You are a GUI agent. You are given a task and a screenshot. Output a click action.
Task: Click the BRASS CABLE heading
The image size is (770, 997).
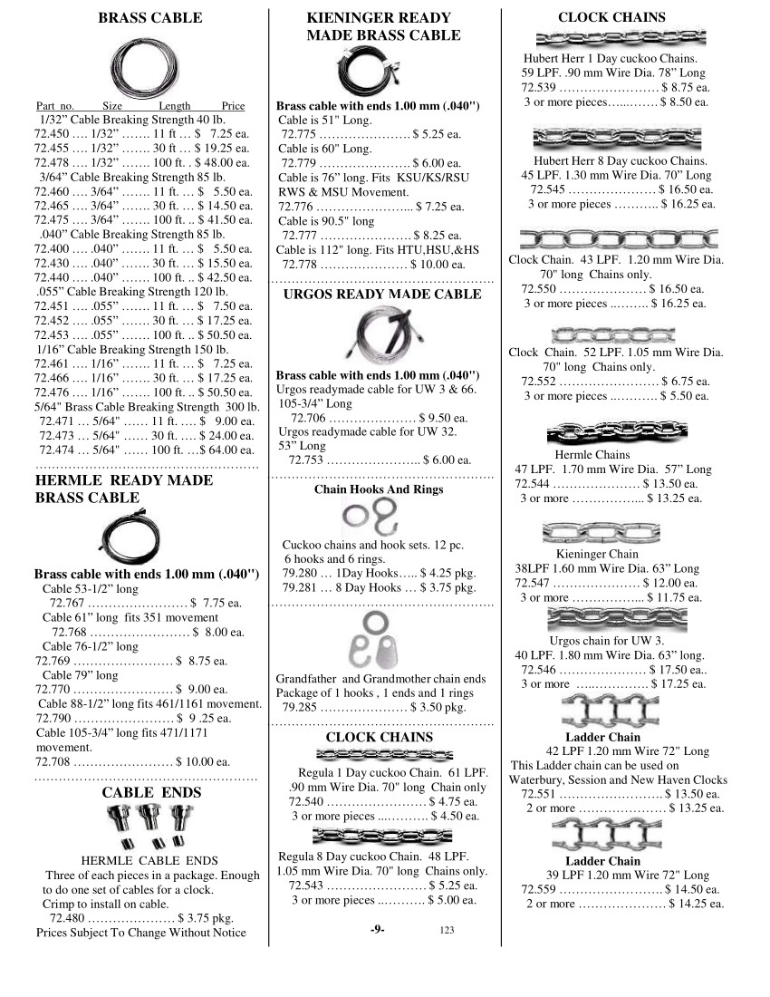(150, 18)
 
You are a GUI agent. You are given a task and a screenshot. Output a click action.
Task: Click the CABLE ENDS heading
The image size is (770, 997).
(151, 792)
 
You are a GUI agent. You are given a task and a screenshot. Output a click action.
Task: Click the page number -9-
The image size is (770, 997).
(379, 929)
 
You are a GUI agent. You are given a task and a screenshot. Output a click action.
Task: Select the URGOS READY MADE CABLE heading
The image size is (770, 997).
(382, 295)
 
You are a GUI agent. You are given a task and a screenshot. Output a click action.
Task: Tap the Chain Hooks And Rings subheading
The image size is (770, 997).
(379, 489)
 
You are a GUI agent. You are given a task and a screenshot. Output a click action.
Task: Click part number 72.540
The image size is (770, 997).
(305, 801)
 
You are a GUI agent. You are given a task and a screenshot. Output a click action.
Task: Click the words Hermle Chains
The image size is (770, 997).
(592, 455)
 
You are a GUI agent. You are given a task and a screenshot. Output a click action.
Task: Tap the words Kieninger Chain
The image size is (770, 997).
(597, 554)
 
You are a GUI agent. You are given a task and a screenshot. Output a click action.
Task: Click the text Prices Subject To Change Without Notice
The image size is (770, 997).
(140, 932)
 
